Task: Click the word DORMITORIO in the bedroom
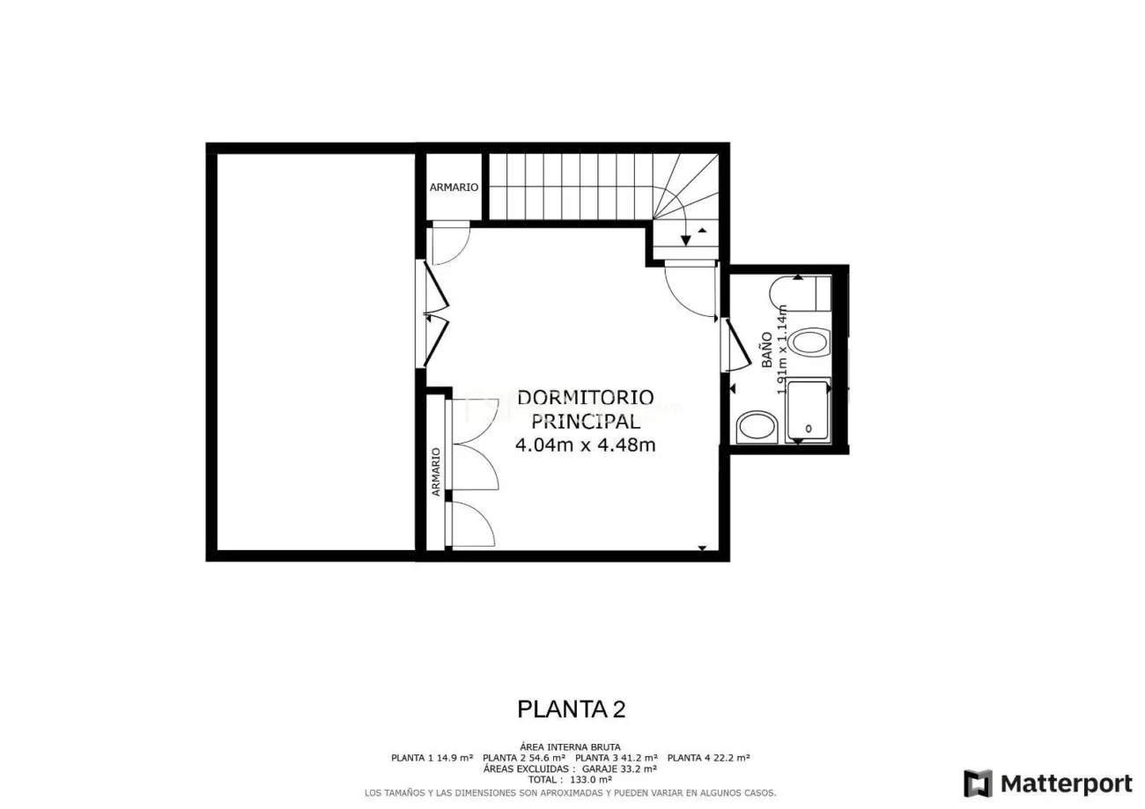click(x=585, y=398)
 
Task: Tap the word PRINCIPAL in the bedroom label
click(x=585, y=422)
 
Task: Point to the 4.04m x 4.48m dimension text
click(x=585, y=445)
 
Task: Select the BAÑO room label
click(x=767, y=349)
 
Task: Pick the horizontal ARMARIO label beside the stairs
click(x=454, y=188)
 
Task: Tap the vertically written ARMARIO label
click(x=435, y=472)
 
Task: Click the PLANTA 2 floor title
click(x=571, y=709)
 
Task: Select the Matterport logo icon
click(x=977, y=783)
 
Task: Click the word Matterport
click(x=1066, y=783)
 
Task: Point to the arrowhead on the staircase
click(x=686, y=240)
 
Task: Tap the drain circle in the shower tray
click(x=809, y=428)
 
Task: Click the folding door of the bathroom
click(x=735, y=345)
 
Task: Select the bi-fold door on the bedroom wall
click(x=435, y=313)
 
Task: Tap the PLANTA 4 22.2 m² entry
click(x=708, y=758)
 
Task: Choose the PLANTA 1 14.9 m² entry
click(x=432, y=758)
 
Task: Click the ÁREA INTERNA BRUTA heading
click(x=570, y=747)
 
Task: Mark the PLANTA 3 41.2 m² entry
click(x=616, y=758)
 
